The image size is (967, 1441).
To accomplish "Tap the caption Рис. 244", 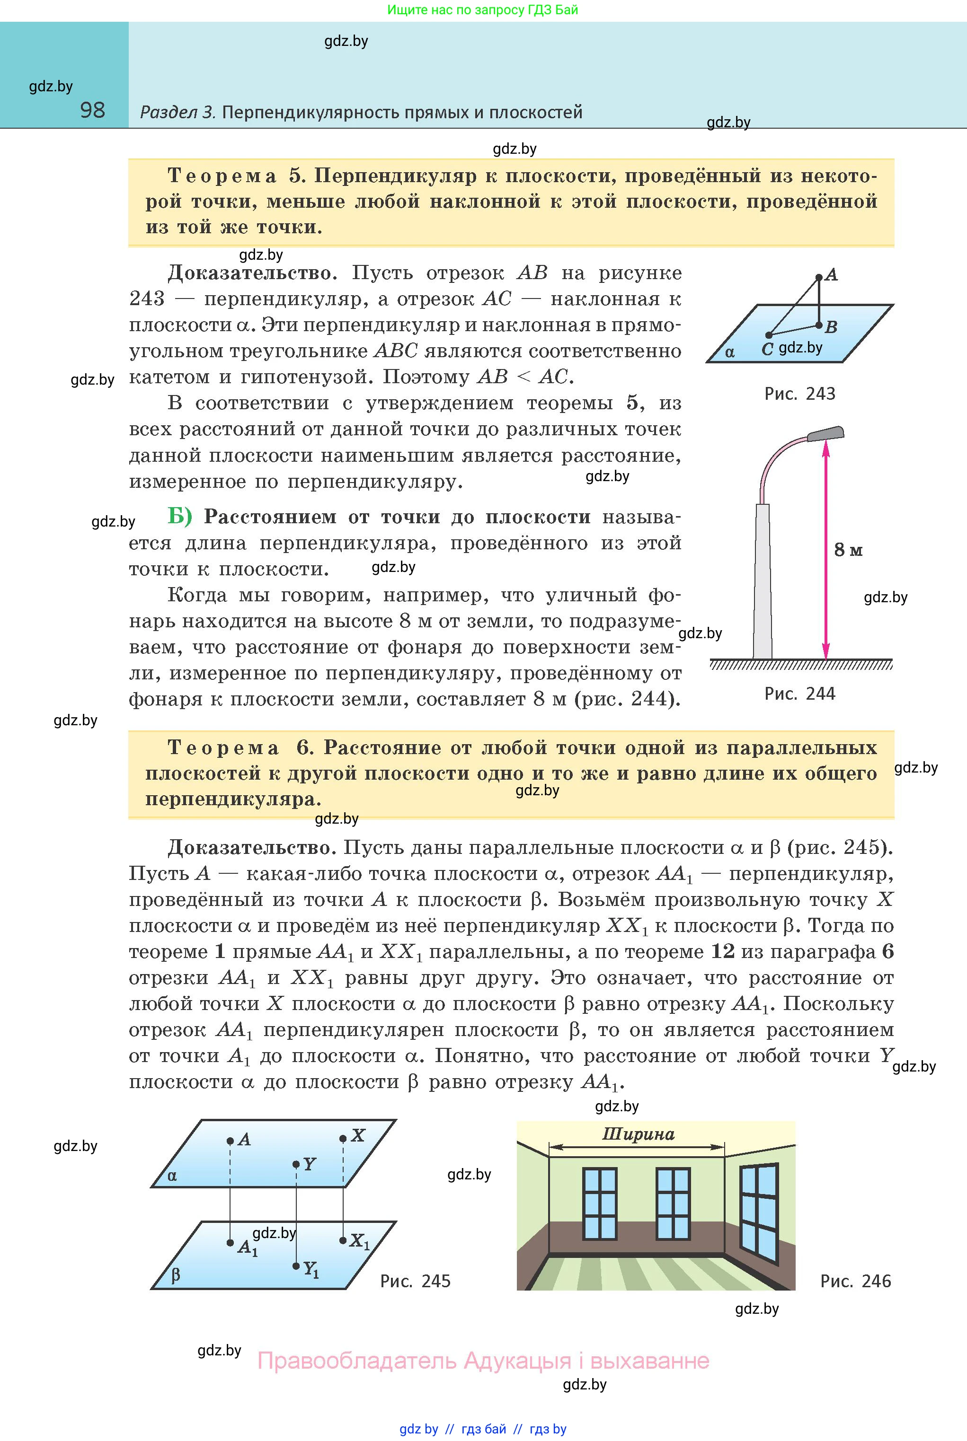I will (799, 694).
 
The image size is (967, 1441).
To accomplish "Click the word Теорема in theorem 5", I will (222, 176).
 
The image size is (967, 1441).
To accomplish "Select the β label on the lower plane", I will (176, 1274).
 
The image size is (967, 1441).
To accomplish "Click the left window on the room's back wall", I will (599, 1204).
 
